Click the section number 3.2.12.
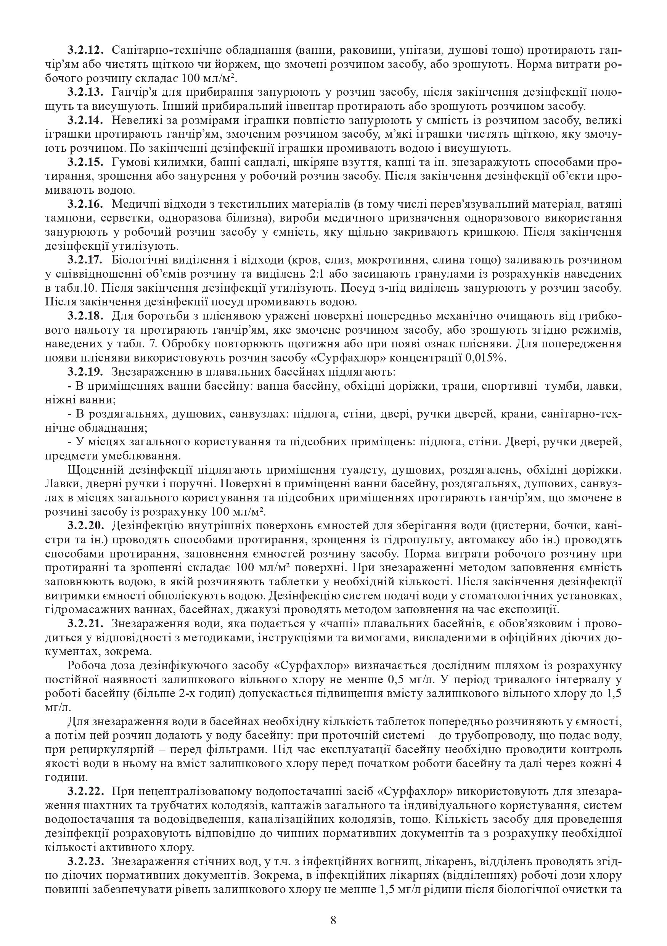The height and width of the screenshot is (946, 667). (x=86, y=51)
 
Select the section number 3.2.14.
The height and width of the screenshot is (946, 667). (x=86, y=121)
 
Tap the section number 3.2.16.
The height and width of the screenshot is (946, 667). (x=86, y=204)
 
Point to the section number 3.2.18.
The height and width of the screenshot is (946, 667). (x=86, y=316)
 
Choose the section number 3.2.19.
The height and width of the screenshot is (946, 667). (x=86, y=372)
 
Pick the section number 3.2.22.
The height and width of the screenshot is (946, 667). (x=86, y=791)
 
